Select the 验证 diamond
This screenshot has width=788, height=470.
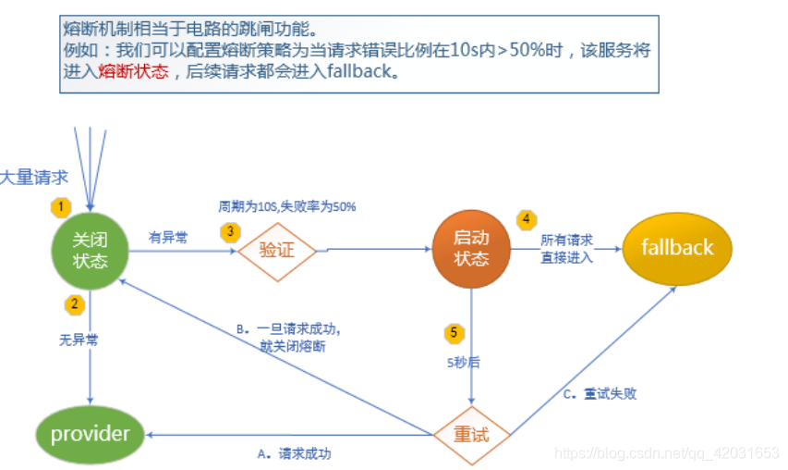[x=276, y=250]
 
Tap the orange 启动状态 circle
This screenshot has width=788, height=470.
[x=470, y=248]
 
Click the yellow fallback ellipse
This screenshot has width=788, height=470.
[x=677, y=248]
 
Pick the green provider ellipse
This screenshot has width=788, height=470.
[x=90, y=433]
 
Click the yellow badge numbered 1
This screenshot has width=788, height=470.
[x=61, y=205]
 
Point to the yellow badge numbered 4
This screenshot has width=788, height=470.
[x=526, y=219]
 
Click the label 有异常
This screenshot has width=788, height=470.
[x=168, y=238]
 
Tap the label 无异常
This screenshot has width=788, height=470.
[x=79, y=340]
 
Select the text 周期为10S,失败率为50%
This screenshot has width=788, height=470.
[x=286, y=206]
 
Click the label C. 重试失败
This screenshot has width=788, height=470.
[x=600, y=393]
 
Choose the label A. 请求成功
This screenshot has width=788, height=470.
[x=294, y=453]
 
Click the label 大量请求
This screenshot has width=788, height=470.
[x=34, y=178]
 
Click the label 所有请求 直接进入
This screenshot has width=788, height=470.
[x=566, y=248]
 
